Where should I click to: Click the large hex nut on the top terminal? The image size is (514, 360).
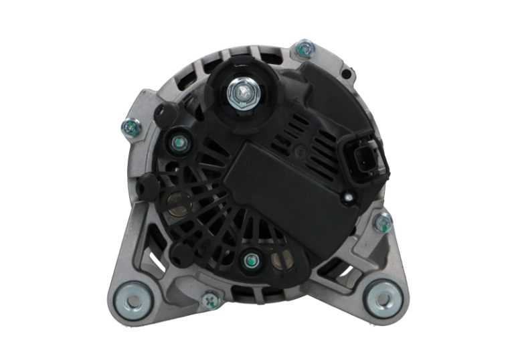tap(238, 90)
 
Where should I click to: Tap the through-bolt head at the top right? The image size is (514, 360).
tap(305, 48)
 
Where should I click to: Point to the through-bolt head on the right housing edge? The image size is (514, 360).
tap(383, 221)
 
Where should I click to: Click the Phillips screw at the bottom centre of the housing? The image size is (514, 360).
tap(210, 300)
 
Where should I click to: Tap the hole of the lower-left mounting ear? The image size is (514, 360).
tap(131, 298)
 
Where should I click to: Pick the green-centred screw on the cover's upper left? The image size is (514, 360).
tap(177, 143)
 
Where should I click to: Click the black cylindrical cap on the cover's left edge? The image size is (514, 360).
tap(149, 185)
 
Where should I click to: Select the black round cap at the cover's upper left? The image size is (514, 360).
tap(163, 115)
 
